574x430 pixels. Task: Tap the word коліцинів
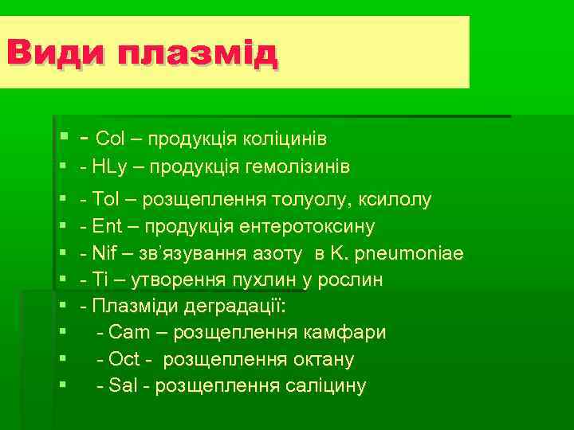tap(288, 139)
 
